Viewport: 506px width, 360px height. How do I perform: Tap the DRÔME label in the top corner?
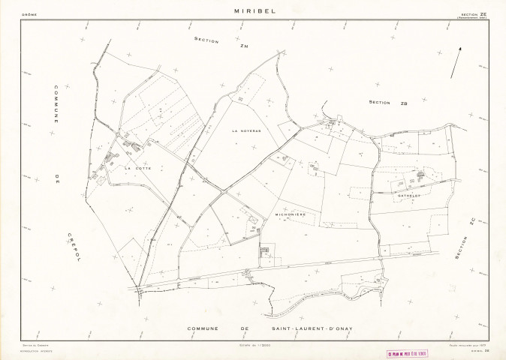point(29,14)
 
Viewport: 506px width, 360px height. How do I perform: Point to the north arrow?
point(456,62)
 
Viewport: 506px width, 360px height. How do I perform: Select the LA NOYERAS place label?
point(245,130)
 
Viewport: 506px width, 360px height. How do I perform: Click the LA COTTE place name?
point(138,168)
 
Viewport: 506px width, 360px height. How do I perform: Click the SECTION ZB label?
point(388,103)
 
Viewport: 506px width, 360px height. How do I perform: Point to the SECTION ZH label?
point(211,43)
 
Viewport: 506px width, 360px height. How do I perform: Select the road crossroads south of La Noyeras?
point(223,193)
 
